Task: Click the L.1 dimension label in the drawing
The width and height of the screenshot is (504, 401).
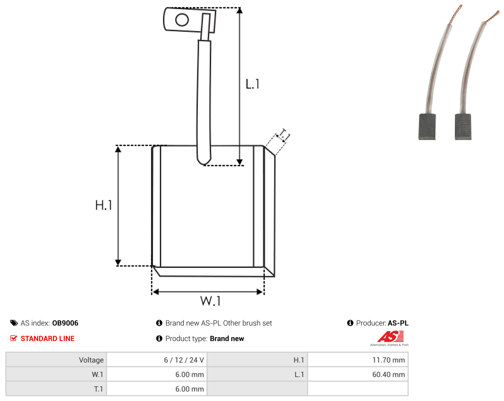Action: tap(252, 84)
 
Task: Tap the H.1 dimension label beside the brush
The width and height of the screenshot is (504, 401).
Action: tap(103, 205)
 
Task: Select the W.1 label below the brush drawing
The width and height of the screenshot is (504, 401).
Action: tap(210, 301)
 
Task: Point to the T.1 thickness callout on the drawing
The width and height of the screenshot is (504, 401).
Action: tap(283, 135)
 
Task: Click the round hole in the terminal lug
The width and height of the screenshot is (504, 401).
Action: tap(182, 20)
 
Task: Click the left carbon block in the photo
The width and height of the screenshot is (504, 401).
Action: tap(427, 127)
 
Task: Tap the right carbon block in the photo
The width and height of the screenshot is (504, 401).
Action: tap(463, 127)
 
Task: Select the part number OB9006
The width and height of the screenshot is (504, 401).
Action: tap(65, 323)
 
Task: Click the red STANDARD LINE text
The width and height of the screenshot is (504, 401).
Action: tap(47, 339)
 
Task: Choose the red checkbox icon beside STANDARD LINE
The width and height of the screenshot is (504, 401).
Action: tap(13, 338)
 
